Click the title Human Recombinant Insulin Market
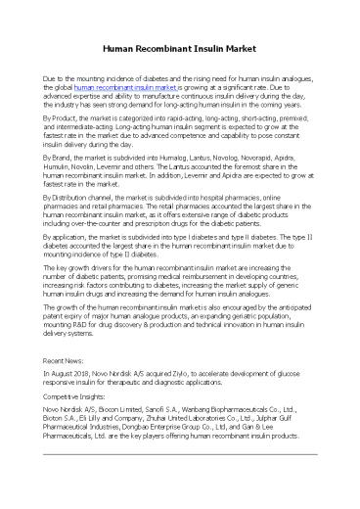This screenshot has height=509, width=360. click(x=179, y=47)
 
